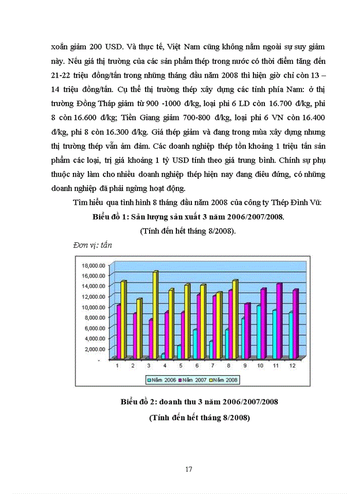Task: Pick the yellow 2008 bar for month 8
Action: coord(235,319)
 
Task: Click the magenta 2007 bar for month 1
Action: coord(118,332)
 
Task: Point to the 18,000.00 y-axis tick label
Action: coord(94,266)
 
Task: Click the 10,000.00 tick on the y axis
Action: coord(94,307)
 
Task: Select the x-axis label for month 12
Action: coord(293,365)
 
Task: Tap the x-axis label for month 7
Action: coord(212,365)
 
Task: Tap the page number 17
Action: coord(189,469)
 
